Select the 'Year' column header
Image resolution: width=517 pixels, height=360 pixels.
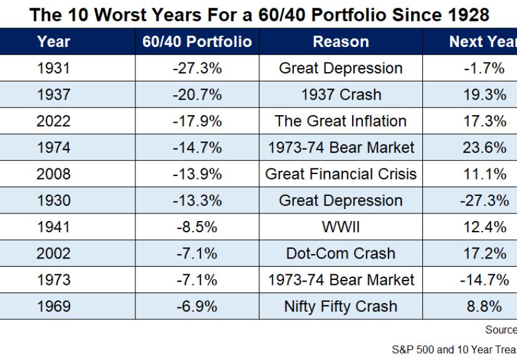pyautogui.click(x=53, y=42)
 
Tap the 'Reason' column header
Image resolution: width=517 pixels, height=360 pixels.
pyautogui.click(x=340, y=42)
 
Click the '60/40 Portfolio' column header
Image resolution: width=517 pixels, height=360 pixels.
pyautogui.click(x=197, y=42)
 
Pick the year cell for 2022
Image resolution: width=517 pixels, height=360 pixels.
pyautogui.click(x=53, y=121)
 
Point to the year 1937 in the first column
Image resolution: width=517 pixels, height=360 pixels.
pyautogui.click(x=53, y=95)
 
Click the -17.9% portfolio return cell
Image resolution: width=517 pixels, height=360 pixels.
pyautogui.click(x=197, y=121)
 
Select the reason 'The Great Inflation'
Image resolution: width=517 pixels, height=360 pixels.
pyautogui.click(x=340, y=121)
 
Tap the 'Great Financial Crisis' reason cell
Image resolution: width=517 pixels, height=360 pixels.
pyautogui.click(x=340, y=174)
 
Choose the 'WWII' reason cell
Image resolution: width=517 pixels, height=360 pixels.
pyautogui.click(x=340, y=227)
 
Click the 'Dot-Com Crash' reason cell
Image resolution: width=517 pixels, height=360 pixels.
pyautogui.click(x=340, y=254)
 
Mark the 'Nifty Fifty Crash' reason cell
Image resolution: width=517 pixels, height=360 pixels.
pyautogui.click(x=340, y=306)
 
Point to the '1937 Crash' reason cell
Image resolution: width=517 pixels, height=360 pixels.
pyautogui.click(x=340, y=95)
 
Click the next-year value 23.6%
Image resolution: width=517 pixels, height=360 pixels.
pyautogui.click(x=484, y=148)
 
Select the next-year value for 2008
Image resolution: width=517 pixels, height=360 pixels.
pyautogui.click(x=484, y=174)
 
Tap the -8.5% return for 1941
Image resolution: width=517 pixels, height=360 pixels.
pyautogui.click(x=197, y=227)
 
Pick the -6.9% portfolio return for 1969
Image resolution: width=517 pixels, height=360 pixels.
pyautogui.click(x=197, y=306)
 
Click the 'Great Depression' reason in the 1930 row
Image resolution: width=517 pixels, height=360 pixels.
pyautogui.click(x=340, y=200)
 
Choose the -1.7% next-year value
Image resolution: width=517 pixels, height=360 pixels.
pyautogui.click(x=484, y=68)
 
